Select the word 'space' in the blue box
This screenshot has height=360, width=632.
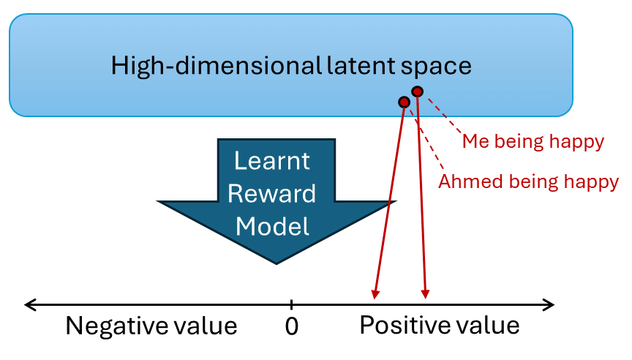[437, 66]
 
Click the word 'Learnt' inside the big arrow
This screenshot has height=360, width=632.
[273, 160]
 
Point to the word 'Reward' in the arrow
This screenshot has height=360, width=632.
[273, 193]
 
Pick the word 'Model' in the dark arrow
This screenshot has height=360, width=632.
[273, 226]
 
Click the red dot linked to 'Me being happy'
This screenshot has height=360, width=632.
[417, 91]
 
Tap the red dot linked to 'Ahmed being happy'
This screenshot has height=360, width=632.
[403, 102]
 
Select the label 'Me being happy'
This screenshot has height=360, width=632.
[533, 142]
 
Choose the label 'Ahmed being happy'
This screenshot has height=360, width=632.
[528, 181]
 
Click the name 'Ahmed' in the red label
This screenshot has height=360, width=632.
[464, 181]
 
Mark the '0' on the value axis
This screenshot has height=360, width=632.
[291, 326]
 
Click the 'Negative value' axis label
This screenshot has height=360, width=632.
[151, 326]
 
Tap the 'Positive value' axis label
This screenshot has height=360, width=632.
[439, 325]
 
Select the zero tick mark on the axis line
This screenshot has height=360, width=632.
[291, 304]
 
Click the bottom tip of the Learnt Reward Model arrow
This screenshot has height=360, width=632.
[276, 264]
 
